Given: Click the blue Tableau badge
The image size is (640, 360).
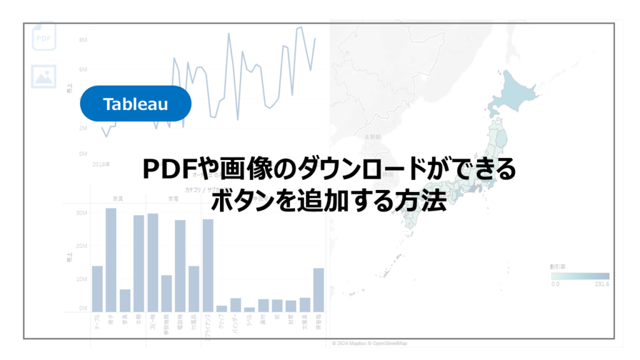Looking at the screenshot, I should (x=135, y=103).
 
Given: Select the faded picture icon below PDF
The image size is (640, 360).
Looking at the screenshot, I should (x=44, y=76).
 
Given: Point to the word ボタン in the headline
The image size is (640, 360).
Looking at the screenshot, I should (x=241, y=202).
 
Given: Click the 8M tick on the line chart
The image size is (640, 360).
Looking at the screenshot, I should (x=82, y=40).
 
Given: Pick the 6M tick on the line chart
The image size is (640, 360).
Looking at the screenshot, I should (x=82, y=69).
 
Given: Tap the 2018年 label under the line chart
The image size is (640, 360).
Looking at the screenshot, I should (x=101, y=164).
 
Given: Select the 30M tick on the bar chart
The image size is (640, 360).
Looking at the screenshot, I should (x=81, y=212).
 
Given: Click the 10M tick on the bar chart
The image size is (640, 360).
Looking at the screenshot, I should (x=81, y=279).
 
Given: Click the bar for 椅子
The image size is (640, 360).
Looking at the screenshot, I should (x=111, y=260).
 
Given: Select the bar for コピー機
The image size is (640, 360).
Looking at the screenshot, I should (x=152, y=262).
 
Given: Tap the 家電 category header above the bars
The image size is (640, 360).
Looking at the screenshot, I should (x=172, y=198).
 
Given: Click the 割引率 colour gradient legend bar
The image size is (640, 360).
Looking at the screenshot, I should (x=579, y=276).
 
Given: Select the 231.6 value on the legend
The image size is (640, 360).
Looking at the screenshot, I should (x=601, y=284).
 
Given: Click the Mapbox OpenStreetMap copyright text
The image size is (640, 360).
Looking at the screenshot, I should (x=370, y=343).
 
